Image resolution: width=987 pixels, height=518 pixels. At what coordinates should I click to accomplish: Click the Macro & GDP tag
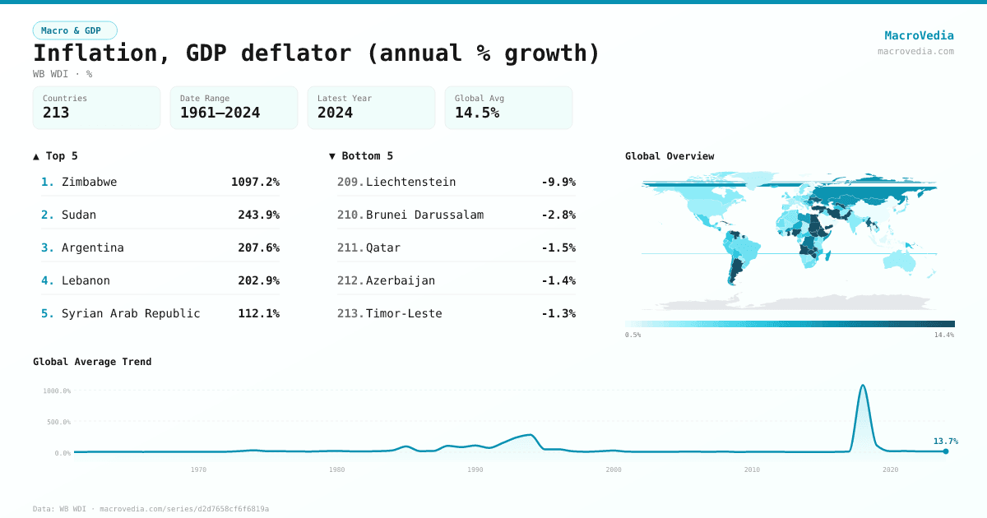tap(75, 30)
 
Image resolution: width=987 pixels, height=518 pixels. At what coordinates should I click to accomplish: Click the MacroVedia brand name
tap(919, 35)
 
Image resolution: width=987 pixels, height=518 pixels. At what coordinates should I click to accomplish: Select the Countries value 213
tap(56, 113)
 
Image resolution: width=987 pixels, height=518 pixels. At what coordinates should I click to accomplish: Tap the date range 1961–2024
tap(220, 113)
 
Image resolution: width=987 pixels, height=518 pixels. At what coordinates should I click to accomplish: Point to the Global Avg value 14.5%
tap(477, 113)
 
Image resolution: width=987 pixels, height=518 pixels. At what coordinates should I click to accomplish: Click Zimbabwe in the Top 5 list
tap(89, 182)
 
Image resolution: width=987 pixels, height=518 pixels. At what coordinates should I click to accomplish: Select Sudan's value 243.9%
tap(258, 215)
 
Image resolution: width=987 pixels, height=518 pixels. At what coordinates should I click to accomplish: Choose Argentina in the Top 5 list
tap(92, 247)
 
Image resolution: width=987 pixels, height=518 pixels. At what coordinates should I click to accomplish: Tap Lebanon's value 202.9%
tap(258, 280)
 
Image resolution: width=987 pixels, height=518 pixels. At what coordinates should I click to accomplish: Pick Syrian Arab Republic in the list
tap(131, 313)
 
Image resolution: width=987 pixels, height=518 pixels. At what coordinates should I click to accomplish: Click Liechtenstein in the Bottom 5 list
tap(410, 182)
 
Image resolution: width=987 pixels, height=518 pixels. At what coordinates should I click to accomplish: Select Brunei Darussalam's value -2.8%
tap(558, 215)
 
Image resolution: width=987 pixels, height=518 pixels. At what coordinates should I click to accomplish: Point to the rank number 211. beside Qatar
tap(350, 247)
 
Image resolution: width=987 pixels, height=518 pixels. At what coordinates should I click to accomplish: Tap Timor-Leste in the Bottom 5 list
tap(404, 313)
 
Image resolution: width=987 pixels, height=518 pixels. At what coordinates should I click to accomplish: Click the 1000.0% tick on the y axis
tap(57, 391)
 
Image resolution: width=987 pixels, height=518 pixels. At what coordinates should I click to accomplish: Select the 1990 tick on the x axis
tap(475, 469)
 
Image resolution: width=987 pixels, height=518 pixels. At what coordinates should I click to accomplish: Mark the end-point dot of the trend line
tap(946, 451)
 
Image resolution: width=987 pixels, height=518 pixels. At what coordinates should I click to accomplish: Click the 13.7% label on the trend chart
tap(945, 441)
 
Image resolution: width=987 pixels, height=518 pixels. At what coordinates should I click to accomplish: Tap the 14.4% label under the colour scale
tap(943, 335)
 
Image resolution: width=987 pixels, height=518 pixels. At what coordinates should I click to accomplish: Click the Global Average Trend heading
tap(92, 362)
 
